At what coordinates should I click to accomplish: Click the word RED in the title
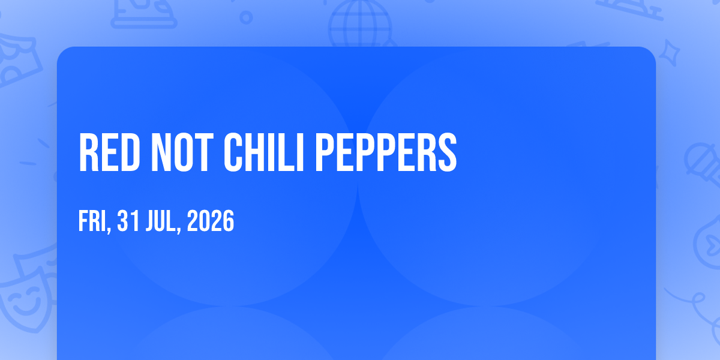109,152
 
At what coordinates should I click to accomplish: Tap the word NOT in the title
182,152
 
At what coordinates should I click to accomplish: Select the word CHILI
263,152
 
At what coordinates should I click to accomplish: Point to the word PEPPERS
386,152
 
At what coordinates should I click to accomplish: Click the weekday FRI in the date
92,221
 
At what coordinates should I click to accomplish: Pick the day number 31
128,221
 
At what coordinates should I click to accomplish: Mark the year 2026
210,221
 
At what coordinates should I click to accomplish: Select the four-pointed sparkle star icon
670,53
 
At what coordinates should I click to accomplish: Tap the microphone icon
703,164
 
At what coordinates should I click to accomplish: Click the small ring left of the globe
246,17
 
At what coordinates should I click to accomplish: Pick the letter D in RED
130,152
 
